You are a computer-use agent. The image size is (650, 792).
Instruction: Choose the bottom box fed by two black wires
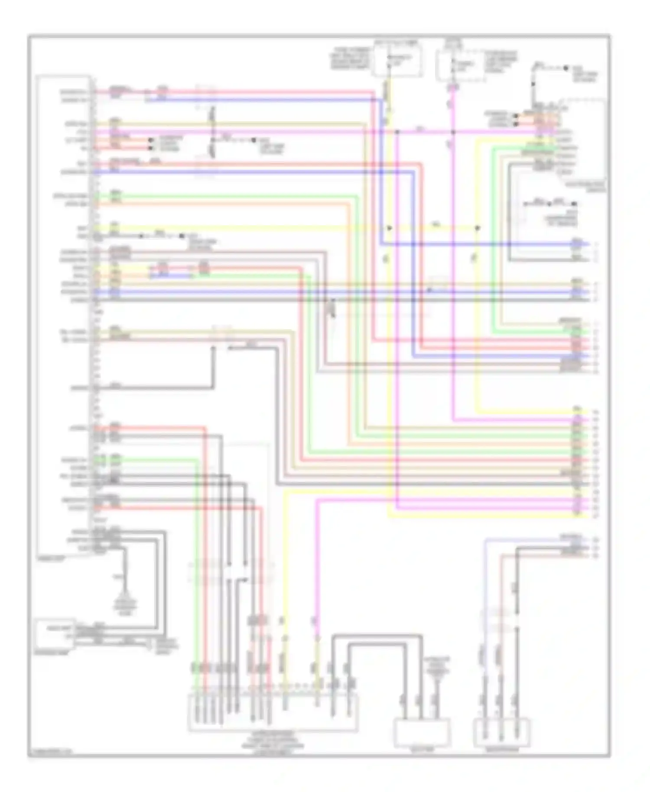click(422, 732)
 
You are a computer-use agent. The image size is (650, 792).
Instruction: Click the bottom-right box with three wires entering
click(502, 732)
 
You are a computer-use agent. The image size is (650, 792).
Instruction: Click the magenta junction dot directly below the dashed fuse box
click(453, 132)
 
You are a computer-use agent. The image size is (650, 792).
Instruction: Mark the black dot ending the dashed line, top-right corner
click(566, 68)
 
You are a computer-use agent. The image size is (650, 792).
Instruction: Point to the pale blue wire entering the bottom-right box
click(486, 607)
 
